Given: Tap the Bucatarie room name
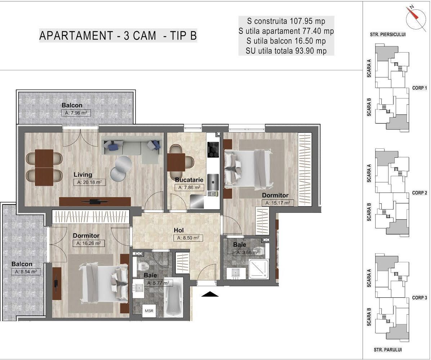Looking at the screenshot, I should pyautogui.click(x=189, y=180).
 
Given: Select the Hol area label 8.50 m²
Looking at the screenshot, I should pyautogui.click(x=188, y=238).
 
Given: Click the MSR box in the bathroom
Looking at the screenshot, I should pyautogui.click(x=148, y=311).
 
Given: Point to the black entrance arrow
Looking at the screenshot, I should pyautogui.click(x=210, y=294).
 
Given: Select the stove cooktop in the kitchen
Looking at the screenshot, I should pyautogui.click(x=213, y=149).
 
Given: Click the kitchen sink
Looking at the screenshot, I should pyautogui.click(x=213, y=182).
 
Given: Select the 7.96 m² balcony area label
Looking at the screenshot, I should pyautogui.click(x=76, y=113).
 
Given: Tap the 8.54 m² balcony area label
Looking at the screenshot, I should pyautogui.click(x=26, y=272).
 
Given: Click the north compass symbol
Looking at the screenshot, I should pyautogui.click(x=414, y=18).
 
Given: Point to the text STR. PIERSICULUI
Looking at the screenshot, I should pyautogui.click(x=388, y=35).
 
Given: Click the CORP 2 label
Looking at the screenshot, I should pyautogui.click(x=419, y=193).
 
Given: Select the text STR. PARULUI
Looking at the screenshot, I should pyautogui.click(x=387, y=350).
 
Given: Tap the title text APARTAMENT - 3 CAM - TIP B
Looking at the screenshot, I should pyautogui.click(x=118, y=36).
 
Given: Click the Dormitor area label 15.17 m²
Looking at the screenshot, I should pyautogui.click(x=277, y=203).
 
